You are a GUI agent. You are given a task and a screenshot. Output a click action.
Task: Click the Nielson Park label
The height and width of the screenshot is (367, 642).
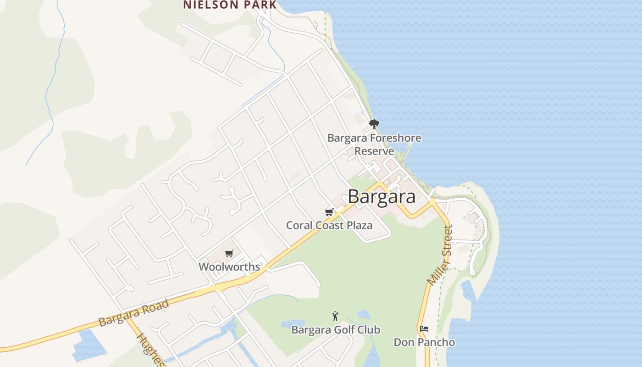click(x=230, y=5)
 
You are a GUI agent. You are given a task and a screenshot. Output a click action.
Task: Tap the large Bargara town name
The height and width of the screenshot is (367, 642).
click(x=382, y=196)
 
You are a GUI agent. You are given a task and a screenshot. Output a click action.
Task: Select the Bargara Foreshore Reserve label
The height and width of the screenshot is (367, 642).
click(x=374, y=144)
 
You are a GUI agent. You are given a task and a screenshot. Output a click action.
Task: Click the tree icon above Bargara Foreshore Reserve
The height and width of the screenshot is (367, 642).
click(x=374, y=124)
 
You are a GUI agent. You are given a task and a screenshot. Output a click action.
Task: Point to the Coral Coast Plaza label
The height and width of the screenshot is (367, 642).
click(x=329, y=225)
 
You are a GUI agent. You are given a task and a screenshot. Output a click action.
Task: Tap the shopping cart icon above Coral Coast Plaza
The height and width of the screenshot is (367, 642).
click(x=329, y=212)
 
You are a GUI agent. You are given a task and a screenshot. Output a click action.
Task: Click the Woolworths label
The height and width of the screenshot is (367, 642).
click(x=229, y=267)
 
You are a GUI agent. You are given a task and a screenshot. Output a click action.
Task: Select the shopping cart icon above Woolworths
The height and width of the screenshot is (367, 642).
click(x=229, y=253)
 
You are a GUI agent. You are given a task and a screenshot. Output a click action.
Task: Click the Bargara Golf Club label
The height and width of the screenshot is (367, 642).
click(x=336, y=329)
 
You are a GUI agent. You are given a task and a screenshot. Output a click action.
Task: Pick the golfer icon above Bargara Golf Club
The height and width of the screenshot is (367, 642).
click(x=336, y=316)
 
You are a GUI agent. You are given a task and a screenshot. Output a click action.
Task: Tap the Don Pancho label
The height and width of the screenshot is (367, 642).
click(x=424, y=342)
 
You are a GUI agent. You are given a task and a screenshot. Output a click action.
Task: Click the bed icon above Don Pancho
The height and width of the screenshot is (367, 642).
click(x=424, y=329)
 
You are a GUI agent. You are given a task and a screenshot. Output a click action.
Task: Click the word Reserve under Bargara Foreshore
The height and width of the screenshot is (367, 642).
click(x=374, y=151)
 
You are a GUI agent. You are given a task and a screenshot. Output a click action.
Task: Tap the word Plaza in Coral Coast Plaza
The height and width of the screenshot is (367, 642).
click(x=359, y=225)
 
